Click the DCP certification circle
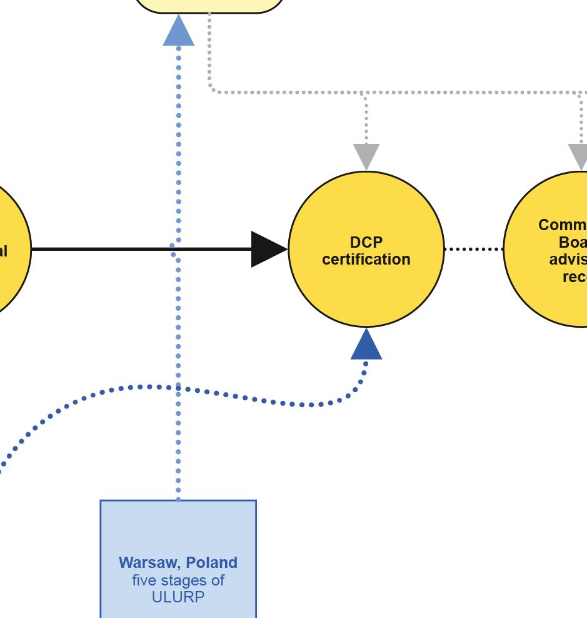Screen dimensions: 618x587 tap(366, 288)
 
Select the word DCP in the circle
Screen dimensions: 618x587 tap(366, 242)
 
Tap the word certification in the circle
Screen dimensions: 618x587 tap(366, 259)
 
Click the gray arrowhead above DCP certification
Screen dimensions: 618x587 tap(366, 155)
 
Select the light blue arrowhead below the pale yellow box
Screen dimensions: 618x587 tap(178, 32)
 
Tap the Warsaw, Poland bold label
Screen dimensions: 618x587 tap(178, 562)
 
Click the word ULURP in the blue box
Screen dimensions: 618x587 tap(178, 597)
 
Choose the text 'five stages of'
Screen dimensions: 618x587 tap(178, 580)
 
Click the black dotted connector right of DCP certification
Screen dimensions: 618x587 tap(474, 249)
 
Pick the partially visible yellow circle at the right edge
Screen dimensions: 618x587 tap(550, 288)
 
